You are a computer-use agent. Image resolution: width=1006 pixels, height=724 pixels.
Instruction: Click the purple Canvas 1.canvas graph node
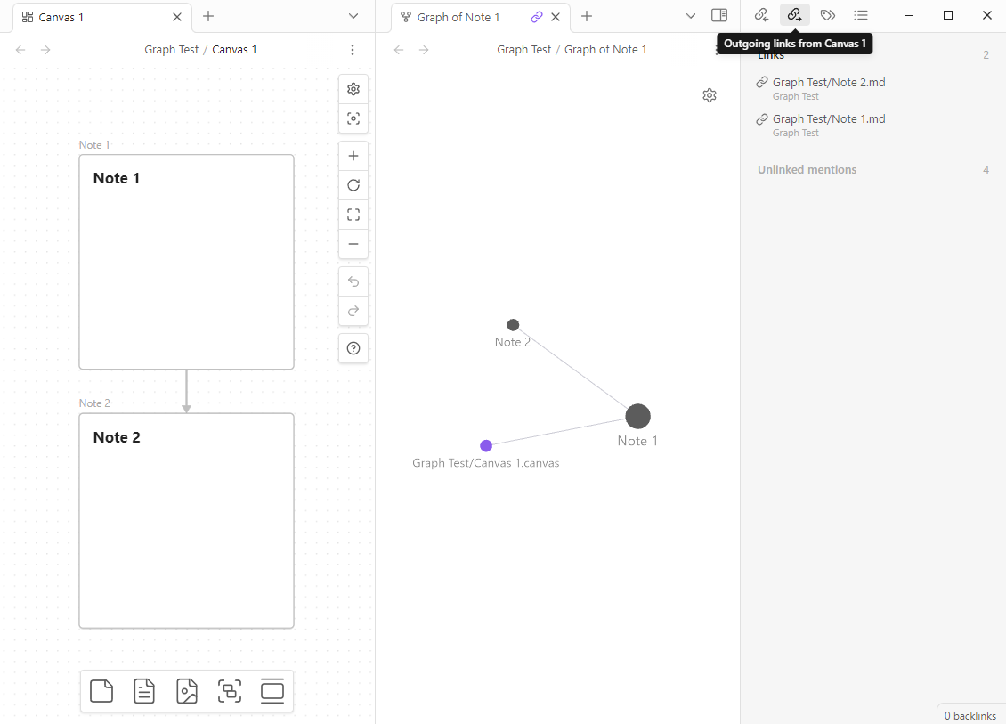click(x=486, y=445)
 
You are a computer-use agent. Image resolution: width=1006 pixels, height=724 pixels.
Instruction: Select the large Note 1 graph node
click(x=637, y=417)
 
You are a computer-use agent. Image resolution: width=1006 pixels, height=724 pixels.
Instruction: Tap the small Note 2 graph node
click(x=514, y=325)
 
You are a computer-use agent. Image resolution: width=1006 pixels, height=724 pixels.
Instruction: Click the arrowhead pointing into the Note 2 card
click(x=187, y=409)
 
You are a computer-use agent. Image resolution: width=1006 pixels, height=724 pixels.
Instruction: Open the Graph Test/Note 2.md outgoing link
click(x=829, y=82)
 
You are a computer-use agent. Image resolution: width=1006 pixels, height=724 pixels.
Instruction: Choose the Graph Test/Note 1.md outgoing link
click(x=829, y=118)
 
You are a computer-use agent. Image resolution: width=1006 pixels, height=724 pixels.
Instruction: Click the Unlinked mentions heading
click(x=807, y=169)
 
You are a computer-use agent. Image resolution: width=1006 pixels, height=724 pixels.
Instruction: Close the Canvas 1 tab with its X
click(x=177, y=17)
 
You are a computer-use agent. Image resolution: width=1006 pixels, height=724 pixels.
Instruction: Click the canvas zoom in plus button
click(x=353, y=156)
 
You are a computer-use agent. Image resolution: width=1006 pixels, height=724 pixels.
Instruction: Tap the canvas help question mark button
click(x=353, y=348)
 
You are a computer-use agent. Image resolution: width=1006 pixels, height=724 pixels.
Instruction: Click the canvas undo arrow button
click(x=353, y=281)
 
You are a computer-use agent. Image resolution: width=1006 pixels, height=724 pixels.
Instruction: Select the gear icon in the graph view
click(x=710, y=95)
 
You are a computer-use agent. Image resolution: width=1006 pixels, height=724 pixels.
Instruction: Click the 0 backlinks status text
click(x=970, y=716)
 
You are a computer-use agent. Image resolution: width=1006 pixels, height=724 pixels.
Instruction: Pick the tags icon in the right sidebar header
click(x=828, y=15)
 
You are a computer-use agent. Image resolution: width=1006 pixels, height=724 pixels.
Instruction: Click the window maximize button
click(x=948, y=15)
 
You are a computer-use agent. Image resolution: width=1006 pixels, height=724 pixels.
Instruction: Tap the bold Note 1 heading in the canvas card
click(x=116, y=178)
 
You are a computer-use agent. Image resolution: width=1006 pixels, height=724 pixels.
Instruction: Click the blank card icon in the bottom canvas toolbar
click(x=101, y=691)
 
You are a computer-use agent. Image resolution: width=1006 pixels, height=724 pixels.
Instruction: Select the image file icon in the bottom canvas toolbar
click(x=187, y=691)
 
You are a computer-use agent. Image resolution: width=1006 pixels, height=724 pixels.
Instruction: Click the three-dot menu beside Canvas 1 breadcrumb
click(x=353, y=49)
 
